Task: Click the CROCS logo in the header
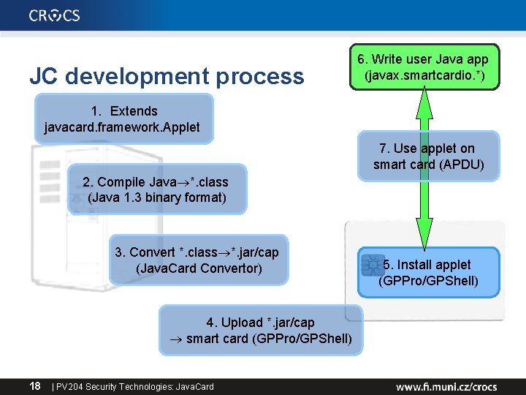[55, 15]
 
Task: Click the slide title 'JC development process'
[167, 76]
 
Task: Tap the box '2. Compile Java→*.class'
[156, 189]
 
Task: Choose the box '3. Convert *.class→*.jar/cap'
[198, 260]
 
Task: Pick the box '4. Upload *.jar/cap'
[261, 331]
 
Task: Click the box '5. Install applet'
[429, 272]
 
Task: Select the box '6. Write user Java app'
[423, 67]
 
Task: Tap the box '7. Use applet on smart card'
[427, 156]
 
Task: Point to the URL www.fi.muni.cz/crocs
[446, 385]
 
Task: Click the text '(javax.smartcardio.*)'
[423, 75]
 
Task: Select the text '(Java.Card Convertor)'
[198, 268]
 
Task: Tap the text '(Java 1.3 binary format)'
[156, 197]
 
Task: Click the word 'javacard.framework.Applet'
[122, 127]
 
